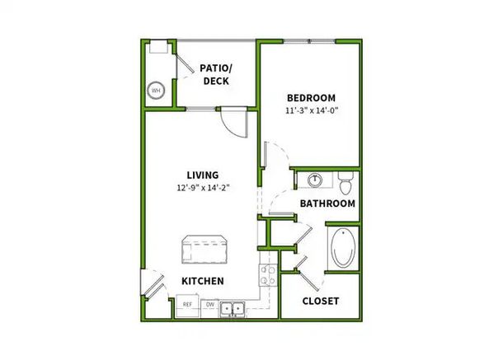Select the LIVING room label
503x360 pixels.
point(202,175)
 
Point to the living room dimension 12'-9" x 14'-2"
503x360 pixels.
point(202,188)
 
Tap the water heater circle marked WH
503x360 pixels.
point(156,91)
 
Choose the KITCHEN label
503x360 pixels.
point(203,281)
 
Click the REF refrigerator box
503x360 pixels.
point(188,306)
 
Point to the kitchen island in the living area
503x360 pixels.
point(204,248)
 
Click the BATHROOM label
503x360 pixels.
point(327,203)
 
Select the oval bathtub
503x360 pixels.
point(342,248)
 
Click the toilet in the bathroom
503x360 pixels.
point(346,177)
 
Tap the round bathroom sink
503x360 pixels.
point(315,179)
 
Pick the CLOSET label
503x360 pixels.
point(320,301)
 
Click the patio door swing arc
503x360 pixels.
point(236,124)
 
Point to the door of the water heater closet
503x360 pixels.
point(187,61)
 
